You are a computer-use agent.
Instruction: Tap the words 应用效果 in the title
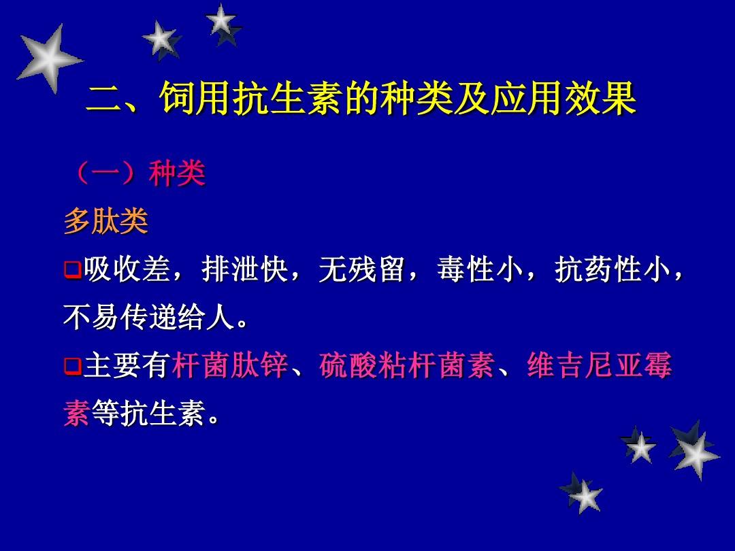coord(563,99)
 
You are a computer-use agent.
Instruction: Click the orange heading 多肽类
coord(106,220)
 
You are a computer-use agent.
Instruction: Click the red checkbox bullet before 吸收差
coord(72,270)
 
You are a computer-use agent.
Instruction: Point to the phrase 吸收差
coord(127,269)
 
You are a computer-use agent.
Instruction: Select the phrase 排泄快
coord(244,269)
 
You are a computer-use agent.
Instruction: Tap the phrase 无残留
coord(361,269)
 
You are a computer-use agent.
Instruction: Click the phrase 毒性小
coord(480,269)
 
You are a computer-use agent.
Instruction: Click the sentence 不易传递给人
coord(149,318)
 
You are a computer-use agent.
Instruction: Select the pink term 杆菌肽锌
coord(230,365)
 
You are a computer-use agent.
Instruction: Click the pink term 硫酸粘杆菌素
coord(407,365)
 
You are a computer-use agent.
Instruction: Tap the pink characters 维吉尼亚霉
coord(600,365)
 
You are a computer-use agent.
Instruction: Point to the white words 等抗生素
coord(149,414)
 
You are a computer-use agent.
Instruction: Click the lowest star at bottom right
coord(582,494)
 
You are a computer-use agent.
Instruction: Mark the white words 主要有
coord(127,365)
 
